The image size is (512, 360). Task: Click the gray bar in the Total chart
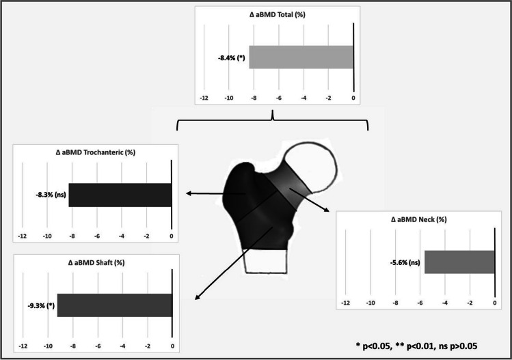301,57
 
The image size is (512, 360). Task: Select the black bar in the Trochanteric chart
120,195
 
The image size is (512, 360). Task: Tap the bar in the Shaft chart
115,305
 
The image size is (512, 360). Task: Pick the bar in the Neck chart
459,262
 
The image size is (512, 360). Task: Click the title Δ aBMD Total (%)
278,15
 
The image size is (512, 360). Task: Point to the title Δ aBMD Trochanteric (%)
96,152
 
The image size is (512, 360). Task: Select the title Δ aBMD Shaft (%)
96,263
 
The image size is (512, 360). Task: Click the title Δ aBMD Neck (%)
418,220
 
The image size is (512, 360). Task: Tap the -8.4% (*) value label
232,59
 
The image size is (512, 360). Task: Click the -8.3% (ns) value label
51,195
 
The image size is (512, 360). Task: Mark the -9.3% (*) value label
41,306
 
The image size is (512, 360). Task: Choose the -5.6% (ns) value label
405,262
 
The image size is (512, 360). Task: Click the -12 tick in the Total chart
204,98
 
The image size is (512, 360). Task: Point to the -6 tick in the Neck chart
420,303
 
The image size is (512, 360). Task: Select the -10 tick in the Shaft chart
48,346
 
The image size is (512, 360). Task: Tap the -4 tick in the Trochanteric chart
122,236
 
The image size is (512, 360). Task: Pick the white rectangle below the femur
266,261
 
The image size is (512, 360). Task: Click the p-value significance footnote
417,346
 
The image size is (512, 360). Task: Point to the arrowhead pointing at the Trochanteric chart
189,193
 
